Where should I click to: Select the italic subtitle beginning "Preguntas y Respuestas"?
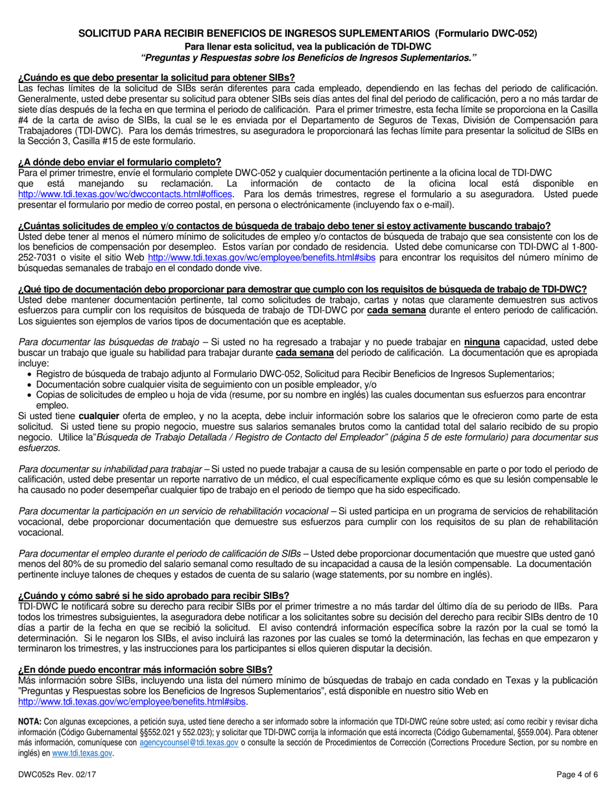tap(308, 57)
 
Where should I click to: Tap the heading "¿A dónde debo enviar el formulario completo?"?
tap(120, 162)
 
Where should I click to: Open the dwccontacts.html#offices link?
tap(127, 194)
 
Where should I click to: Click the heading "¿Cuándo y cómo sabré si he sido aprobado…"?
tap(154, 596)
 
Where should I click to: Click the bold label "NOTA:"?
tap(30, 721)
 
